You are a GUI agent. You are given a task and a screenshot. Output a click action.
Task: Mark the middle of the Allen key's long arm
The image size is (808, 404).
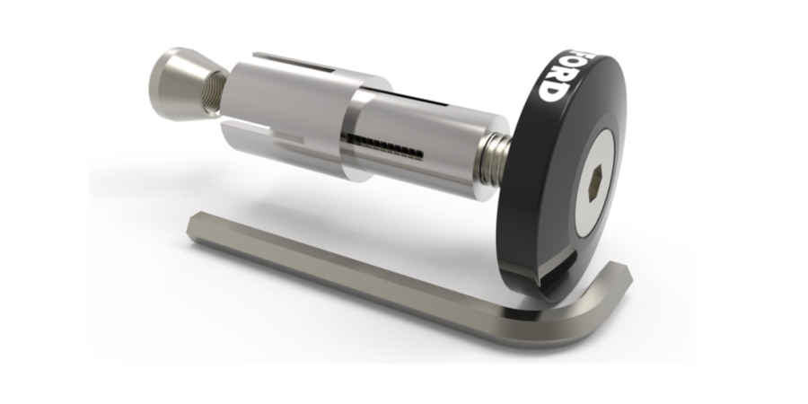[359, 269]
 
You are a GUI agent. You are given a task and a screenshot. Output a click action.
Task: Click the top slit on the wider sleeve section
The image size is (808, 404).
[296, 65]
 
